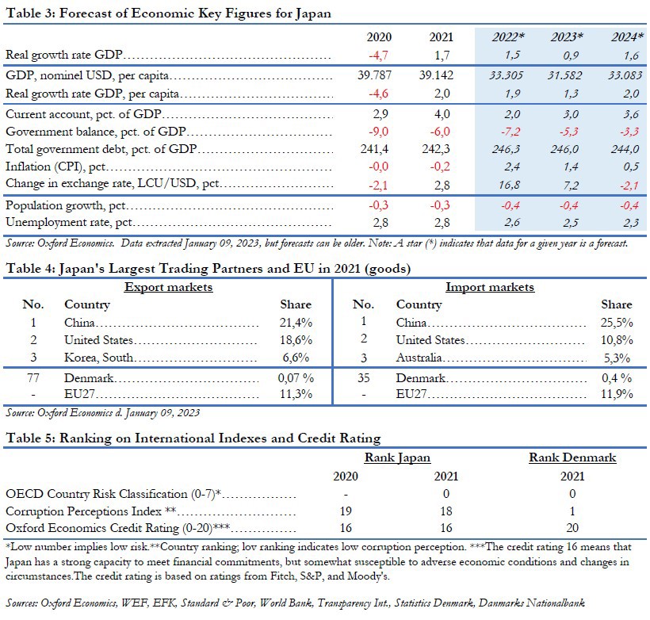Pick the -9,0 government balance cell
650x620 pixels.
pyautogui.click(x=379, y=132)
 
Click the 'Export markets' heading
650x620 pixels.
pyautogui.click(x=168, y=286)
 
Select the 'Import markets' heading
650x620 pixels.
pyautogui.click(x=490, y=286)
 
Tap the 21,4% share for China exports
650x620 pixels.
pyautogui.click(x=296, y=323)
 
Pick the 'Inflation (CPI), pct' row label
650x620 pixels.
pyautogui.click(x=55, y=167)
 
